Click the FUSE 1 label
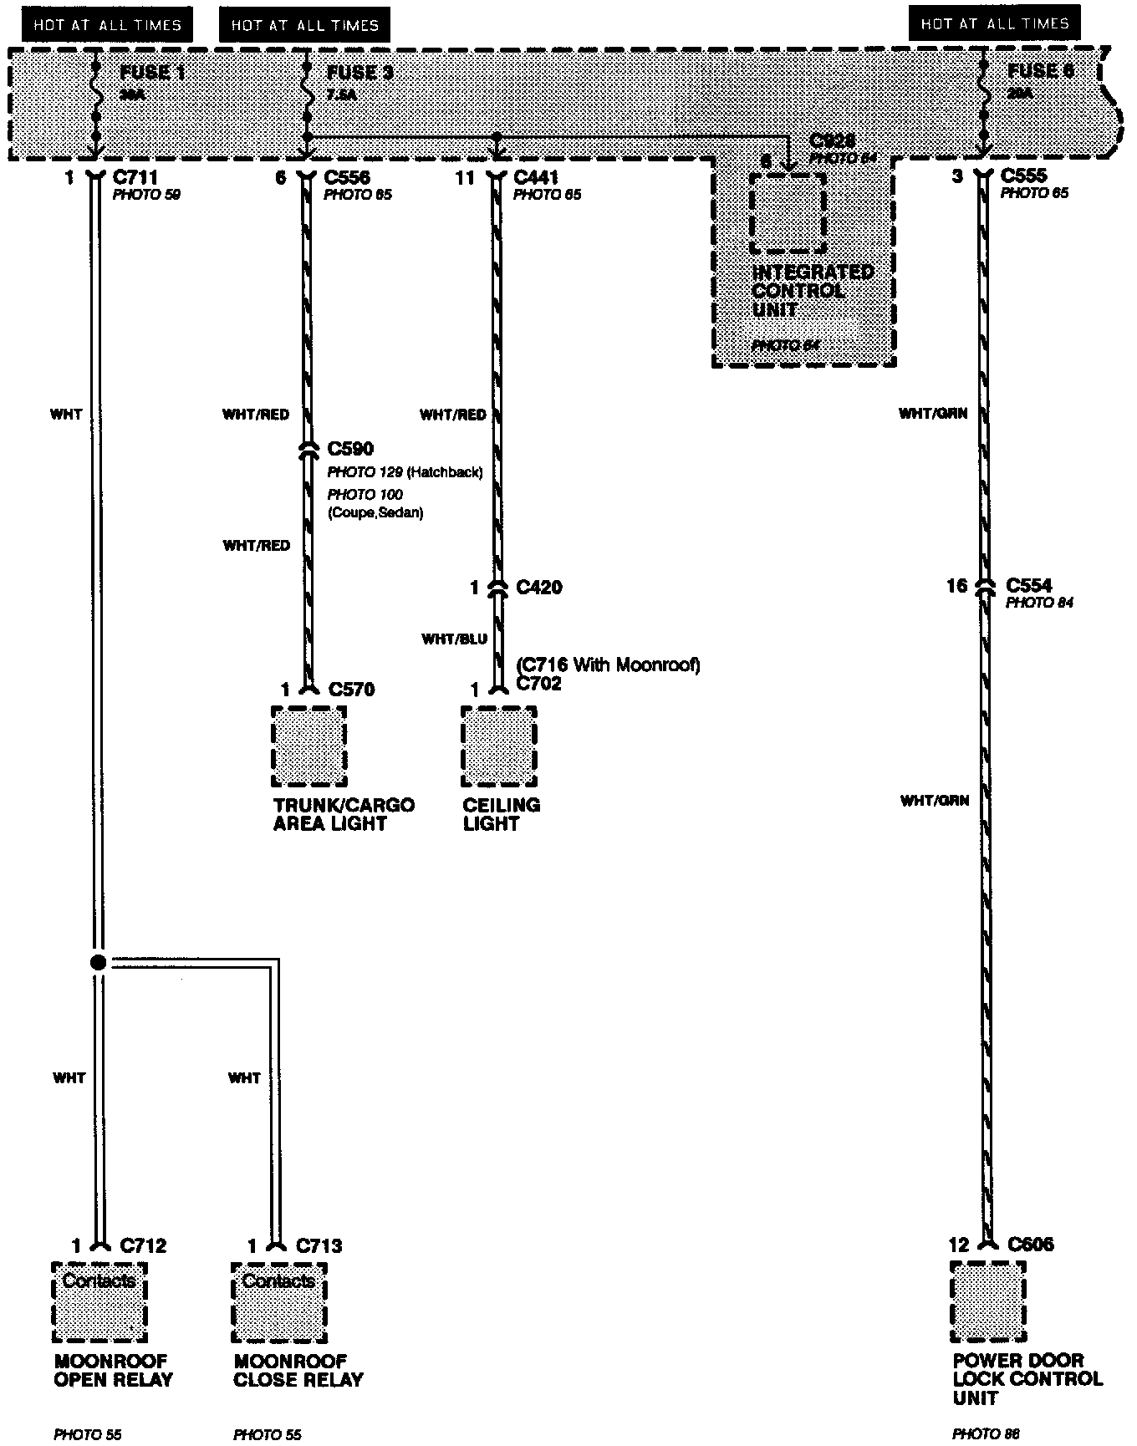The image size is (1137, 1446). (152, 73)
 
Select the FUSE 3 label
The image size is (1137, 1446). (359, 73)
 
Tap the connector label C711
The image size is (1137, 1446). (135, 177)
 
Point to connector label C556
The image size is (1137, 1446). (347, 177)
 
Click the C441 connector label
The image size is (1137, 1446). (536, 177)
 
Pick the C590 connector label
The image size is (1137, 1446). (350, 450)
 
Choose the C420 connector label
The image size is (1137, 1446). (539, 587)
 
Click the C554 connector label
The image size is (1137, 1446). (1029, 585)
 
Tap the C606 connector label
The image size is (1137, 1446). (1031, 1245)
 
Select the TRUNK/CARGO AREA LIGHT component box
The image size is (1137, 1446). (309, 746)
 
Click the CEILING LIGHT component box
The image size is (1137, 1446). (499, 746)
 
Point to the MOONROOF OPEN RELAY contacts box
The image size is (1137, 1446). (99, 1302)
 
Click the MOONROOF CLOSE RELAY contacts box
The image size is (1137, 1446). (278, 1302)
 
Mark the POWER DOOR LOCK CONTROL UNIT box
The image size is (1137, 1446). (988, 1301)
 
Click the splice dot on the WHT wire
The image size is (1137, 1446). (98, 963)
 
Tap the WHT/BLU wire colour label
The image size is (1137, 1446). (454, 639)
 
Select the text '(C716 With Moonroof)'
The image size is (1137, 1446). (608, 665)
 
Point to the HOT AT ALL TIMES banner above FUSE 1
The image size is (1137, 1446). (107, 25)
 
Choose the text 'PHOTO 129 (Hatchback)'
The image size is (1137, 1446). (405, 473)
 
